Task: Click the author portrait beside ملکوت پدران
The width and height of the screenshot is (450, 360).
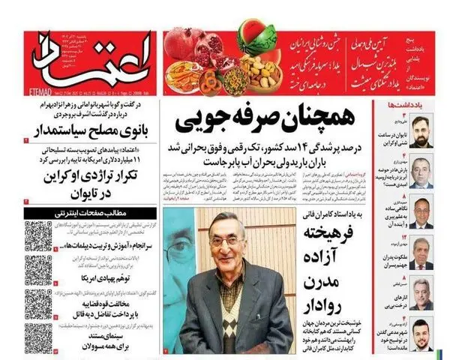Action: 422,255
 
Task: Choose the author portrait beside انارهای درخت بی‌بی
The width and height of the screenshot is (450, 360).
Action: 422,295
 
